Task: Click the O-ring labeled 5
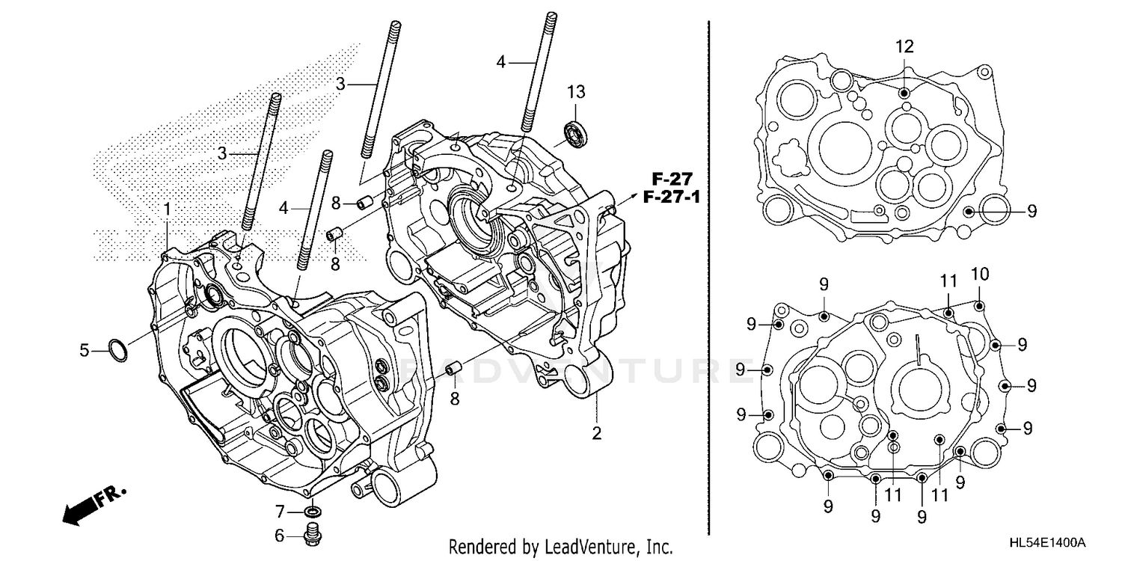pos(117,349)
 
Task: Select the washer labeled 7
pos(314,512)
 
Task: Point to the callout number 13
pos(575,92)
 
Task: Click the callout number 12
pos(904,46)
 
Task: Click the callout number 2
pos(596,432)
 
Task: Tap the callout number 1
pos(168,207)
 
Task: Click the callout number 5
pos(85,349)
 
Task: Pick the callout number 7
pos(280,512)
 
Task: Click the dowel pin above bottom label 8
pos(453,370)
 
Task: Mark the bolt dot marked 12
pos(904,92)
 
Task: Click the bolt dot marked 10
pos(980,305)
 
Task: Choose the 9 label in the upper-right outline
pos(1031,212)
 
